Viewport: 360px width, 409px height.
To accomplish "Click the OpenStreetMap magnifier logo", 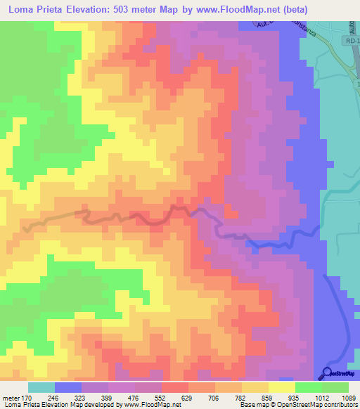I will pyautogui.click(x=327, y=372).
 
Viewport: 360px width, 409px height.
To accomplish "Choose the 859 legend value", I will pyautogui.click(x=267, y=397).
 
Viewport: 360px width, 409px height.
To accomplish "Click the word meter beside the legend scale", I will pyautogui.click(x=12, y=397).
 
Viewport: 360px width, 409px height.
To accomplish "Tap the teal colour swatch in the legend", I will pyautogui.click(x=41, y=387).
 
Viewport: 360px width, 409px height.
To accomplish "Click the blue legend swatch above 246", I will pyautogui.click(x=68, y=387).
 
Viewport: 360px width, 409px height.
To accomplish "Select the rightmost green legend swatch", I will pyautogui.click(x=335, y=387).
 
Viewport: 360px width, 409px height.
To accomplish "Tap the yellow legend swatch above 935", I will pyautogui.click(x=282, y=387).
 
